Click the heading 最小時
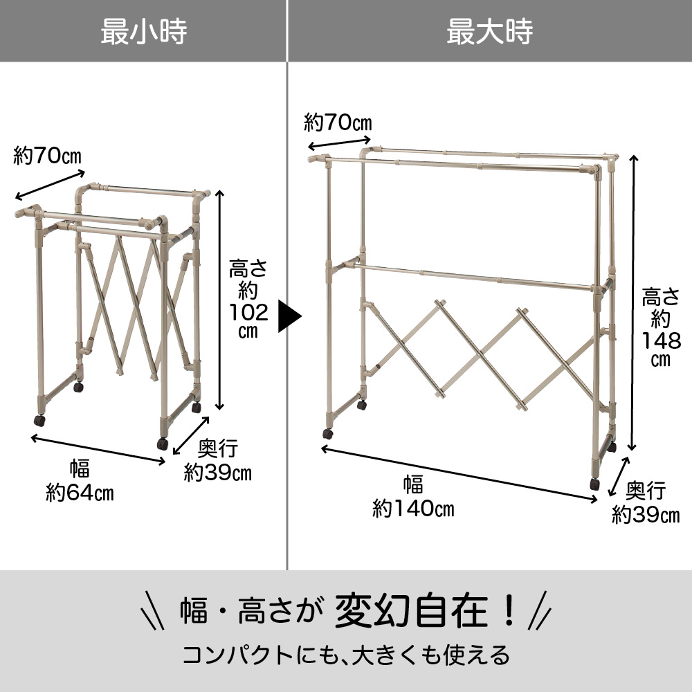pyautogui.click(x=144, y=31)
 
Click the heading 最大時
pyautogui.click(x=489, y=31)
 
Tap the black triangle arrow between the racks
pyautogui.click(x=289, y=316)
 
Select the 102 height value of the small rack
pyautogui.click(x=248, y=313)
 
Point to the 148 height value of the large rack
pyautogui.click(x=661, y=341)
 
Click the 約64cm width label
pyautogui.click(x=80, y=493)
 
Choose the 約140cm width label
pyautogui.click(x=413, y=509)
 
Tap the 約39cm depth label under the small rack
pyautogui.click(x=217, y=473)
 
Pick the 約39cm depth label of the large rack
pyautogui.click(x=646, y=514)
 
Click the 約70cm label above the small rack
pyautogui.click(x=48, y=156)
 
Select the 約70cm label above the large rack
pyautogui.click(x=338, y=122)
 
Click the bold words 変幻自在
pyautogui.click(x=411, y=611)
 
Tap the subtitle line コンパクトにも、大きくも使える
pyautogui.click(x=346, y=655)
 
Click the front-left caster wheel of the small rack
pyautogui.click(x=39, y=421)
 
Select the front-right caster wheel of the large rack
pyautogui.click(x=595, y=484)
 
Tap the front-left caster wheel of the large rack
pyautogui.click(x=327, y=434)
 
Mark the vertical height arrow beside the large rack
pyautogui.click(x=633, y=303)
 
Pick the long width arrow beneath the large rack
pyautogui.click(x=459, y=474)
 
